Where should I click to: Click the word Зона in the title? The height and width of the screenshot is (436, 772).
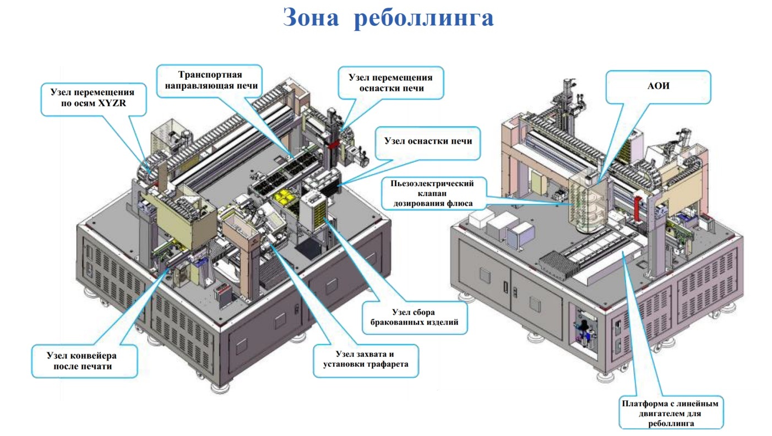[x=311, y=17]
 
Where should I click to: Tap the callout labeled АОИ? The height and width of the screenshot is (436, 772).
[x=658, y=87]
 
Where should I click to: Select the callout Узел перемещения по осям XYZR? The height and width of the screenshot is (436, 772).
[x=94, y=99]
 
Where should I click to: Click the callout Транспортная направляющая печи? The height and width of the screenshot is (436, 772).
[x=210, y=81]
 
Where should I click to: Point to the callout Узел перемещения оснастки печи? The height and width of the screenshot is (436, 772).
[x=391, y=83]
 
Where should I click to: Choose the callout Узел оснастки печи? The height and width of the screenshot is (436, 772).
[x=428, y=143]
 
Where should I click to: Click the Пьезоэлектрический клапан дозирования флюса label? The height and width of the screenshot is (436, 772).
[x=433, y=193]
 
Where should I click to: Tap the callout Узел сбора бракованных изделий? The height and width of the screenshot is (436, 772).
[x=415, y=318]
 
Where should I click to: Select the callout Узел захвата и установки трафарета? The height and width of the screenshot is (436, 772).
[x=366, y=360]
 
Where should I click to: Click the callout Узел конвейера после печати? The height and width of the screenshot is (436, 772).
[x=84, y=361]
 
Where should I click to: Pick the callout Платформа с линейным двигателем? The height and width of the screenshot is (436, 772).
[x=671, y=412]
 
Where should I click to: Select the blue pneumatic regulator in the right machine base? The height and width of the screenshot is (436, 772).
[x=584, y=326]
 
